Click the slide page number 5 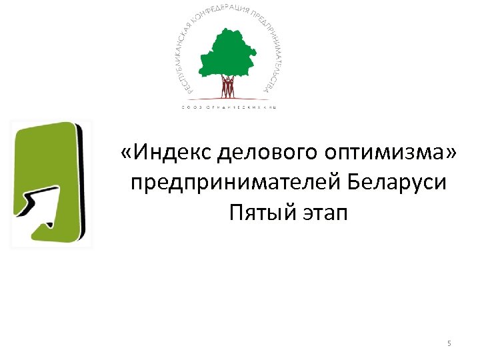pos(449,343)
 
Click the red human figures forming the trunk pos(228,87)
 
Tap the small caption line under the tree pos(228,107)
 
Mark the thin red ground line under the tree pos(228,97)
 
